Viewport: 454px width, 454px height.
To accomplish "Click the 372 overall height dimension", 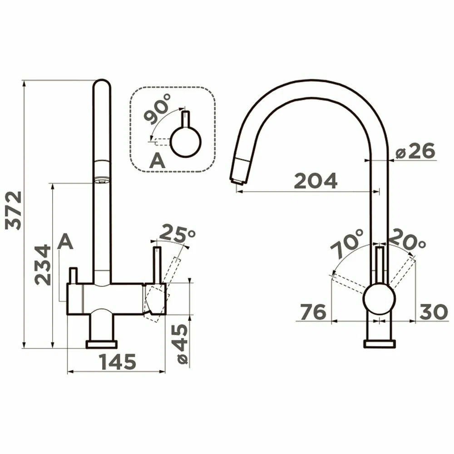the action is point(14,210).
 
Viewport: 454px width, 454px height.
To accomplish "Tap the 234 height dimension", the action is point(43,265).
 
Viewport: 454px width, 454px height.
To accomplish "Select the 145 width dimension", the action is point(118,362).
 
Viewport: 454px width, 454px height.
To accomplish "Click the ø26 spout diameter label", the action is point(415,151).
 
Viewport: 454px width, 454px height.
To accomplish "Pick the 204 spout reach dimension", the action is point(316,181).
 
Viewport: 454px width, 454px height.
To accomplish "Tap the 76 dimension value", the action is point(313,312).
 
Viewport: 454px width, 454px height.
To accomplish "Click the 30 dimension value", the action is point(434,312).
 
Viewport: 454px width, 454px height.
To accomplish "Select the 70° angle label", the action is point(346,244).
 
